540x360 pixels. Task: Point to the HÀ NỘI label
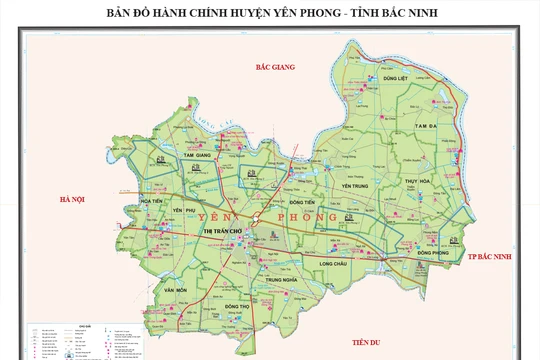pos(73,200)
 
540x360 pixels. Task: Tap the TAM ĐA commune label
pos(428,127)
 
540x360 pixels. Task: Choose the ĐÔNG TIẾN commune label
pos(303,202)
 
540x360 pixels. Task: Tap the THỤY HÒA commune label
pos(417,180)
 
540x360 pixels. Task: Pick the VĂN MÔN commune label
pos(177,289)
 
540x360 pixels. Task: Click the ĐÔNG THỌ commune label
pos(237,305)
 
